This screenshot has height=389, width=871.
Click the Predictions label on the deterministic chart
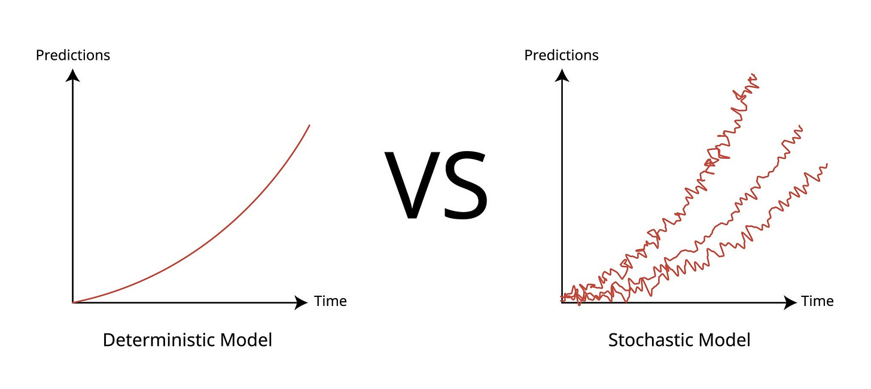[x=73, y=56]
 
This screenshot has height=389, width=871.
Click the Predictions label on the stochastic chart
[x=561, y=56]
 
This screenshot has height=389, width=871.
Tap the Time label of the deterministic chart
[x=330, y=301]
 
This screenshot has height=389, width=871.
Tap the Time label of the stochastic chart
[x=817, y=301]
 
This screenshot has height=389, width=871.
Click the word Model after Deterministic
[x=246, y=341]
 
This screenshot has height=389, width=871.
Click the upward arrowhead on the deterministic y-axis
[x=73, y=75]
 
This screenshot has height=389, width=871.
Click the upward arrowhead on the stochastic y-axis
[x=562, y=75]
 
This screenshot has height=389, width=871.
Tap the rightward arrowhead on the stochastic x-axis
[x=790, y=302]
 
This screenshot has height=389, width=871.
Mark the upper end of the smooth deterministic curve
[x=309, y=125]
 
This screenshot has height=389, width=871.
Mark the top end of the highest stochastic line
[x=755, y=76]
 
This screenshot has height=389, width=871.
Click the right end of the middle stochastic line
[x=800, y=127]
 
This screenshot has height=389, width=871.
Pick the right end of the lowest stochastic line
[x=826, y=164]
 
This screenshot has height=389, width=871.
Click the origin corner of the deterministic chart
[x=73, y=302]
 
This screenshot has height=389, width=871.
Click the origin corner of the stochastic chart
[x=562, y=302]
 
